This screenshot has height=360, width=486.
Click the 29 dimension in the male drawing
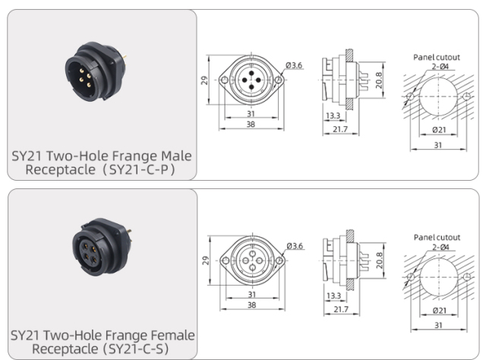point(205,80)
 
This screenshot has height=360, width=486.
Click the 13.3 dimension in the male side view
point(332,115)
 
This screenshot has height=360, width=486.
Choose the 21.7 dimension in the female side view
point(339,309)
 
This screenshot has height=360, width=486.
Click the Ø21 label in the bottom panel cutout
point(440,311)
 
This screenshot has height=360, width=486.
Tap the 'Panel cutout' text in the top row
point(437,57)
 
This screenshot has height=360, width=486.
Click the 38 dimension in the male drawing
point(251,124)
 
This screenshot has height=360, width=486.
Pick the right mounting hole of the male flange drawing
point(280,80)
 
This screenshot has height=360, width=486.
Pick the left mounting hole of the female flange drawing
point(222,260)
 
